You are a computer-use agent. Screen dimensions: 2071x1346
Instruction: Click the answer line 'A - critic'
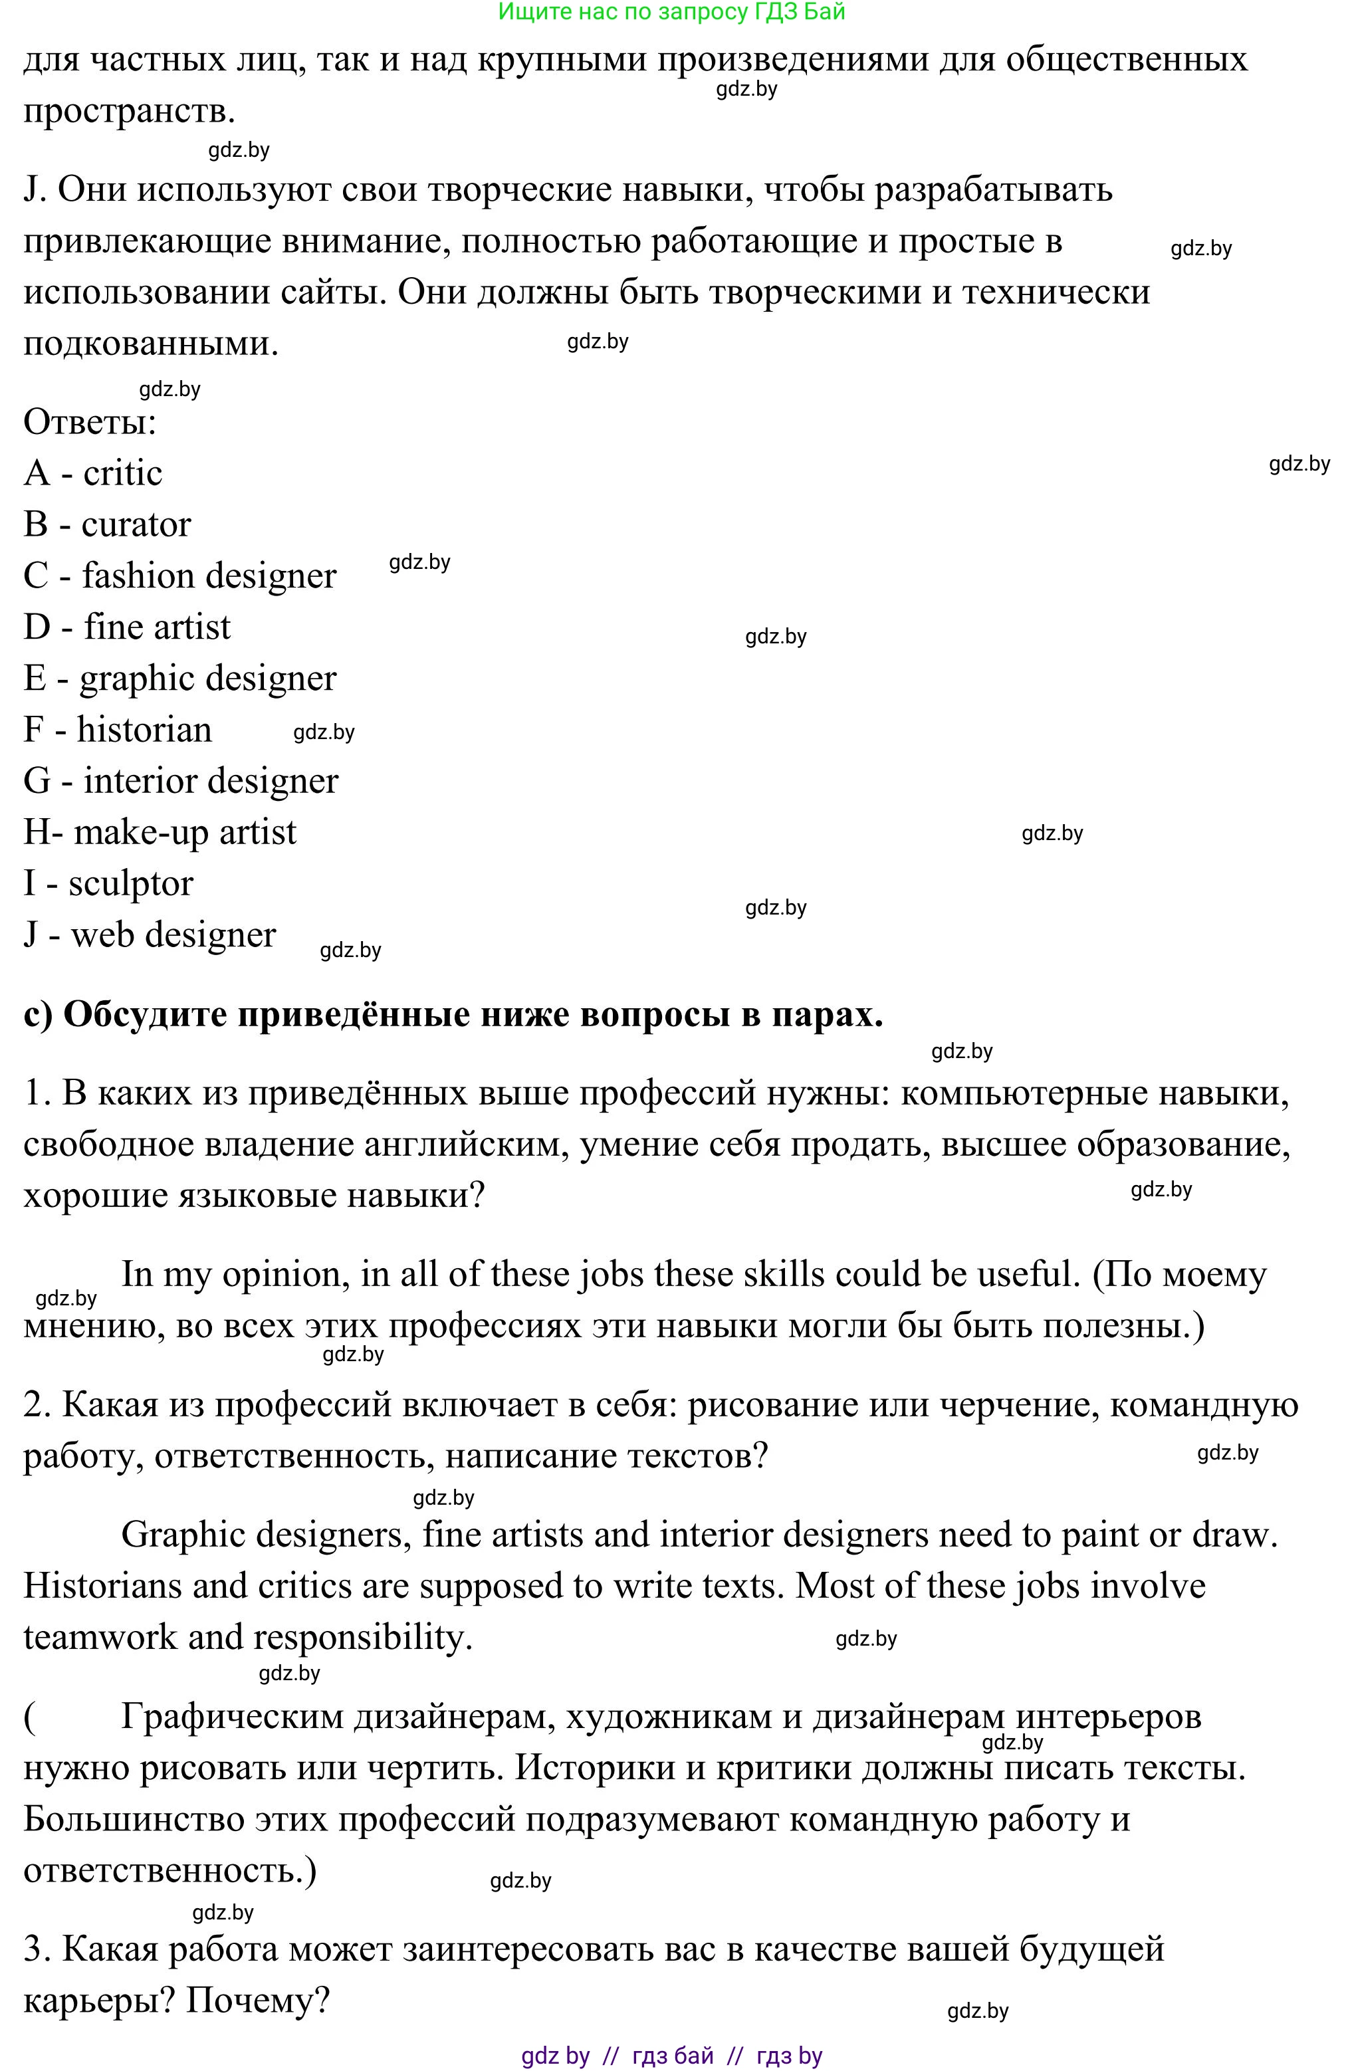pos(93,473)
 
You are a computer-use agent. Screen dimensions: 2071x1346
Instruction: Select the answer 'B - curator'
pos(107,524)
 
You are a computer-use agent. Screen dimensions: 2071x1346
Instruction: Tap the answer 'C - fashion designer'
pos(179,576)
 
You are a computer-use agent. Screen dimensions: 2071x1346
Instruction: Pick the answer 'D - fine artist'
pos(127,627)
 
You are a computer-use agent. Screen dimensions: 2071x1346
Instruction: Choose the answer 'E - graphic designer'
pos(179,679)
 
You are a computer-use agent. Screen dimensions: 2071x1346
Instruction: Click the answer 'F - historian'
pos(118,730)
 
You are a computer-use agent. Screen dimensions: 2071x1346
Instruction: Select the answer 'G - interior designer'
pos(180,782)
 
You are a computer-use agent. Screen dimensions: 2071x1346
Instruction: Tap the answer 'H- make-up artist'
pos(160,833)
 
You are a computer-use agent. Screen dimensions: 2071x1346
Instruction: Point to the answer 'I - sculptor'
pos(108,884)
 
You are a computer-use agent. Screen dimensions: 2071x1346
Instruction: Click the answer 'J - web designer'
pos(150,935)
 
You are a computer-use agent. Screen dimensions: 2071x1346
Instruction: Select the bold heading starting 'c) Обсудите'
pos(453,1015)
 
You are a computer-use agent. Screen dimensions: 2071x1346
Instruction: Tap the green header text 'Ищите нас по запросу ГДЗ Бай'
pos(672,12)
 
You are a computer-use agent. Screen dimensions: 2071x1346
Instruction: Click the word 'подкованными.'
pos(150,344)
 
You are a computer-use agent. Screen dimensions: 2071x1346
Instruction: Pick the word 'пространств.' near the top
pos(129,112)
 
